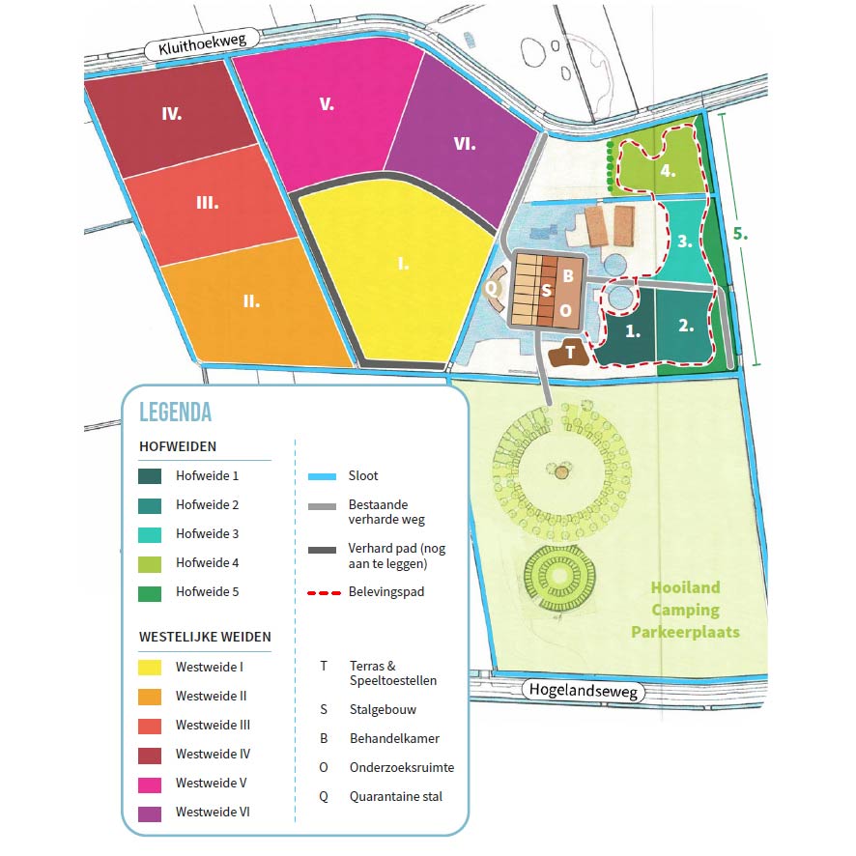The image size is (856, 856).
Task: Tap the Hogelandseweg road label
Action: coord(585,689)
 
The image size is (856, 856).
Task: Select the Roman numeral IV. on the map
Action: coord(172,113)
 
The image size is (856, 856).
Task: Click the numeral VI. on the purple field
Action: coord(464,143)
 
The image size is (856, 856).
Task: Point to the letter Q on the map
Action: coord(491,287)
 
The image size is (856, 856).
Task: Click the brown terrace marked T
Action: coord(570,353)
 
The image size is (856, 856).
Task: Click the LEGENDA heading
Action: coord(176,412)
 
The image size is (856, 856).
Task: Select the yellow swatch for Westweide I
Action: coord(150,667)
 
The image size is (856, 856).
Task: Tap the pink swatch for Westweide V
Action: coord(150,783)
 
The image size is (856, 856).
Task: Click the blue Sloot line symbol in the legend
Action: coord(320,476)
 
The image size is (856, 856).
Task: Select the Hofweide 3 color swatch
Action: coord(150,533)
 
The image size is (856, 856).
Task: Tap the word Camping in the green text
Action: coord(685,610)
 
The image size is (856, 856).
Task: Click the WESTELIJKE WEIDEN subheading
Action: coord(205,637)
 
